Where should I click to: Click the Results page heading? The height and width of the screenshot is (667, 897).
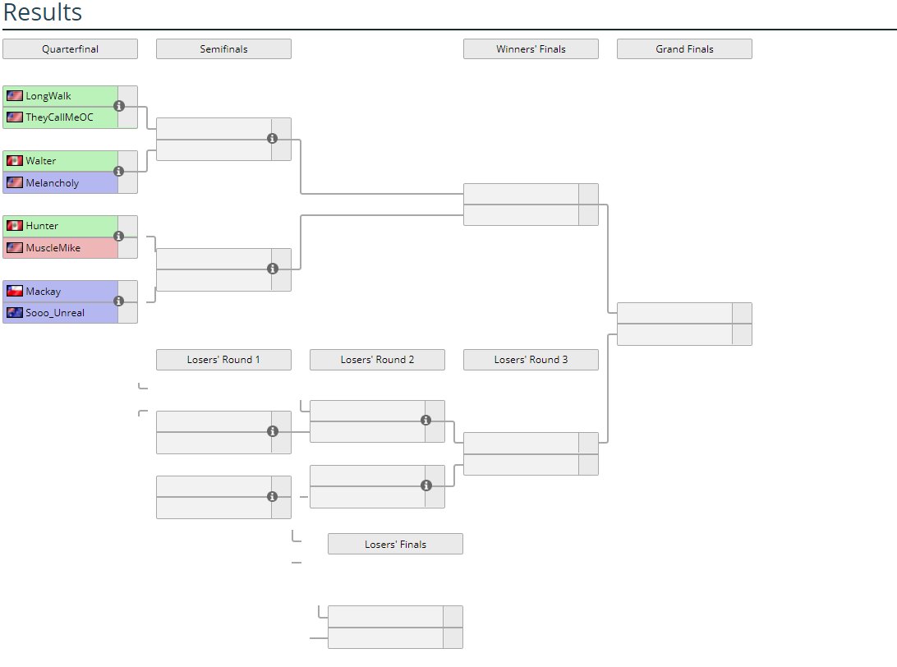[x=43, y=13]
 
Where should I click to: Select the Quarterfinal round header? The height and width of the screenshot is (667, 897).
[x=70, y=49]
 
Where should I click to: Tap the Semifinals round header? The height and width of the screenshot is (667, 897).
[x=223, y=49]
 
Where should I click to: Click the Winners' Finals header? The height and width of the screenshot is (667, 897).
[x=531, y=49]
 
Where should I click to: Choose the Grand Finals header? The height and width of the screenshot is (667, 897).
[x=684, y=49]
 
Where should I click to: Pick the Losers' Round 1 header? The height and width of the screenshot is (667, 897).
[x=223, y=360]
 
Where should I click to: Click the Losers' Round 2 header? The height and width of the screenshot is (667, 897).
[x=377, y=360]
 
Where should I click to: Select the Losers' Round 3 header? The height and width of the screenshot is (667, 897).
[x=531, y=360]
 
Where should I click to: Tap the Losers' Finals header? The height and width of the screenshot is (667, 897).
[x=395, y=544]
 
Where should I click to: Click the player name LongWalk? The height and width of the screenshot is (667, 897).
[x=48, y=96]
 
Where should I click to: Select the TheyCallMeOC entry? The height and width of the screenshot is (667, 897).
[x=59, y=117]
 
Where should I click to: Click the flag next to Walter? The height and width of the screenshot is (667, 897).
[x=14, y=161]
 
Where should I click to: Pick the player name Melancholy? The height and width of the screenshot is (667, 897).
[x=53, y=183]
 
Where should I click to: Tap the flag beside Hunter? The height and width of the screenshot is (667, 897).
[x=14, y=226]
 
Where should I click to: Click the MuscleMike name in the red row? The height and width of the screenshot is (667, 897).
[x=53, y=247]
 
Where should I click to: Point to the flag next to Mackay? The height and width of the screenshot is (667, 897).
[x=14, y=291]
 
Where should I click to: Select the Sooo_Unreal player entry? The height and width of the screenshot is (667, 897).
[x=55, y=313]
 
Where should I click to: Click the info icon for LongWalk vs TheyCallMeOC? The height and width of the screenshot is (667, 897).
[x=119, y=106]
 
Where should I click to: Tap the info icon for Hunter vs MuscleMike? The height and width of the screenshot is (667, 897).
[x=119, y=236]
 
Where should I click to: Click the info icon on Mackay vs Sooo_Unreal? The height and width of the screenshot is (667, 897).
[x=119, y=301]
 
